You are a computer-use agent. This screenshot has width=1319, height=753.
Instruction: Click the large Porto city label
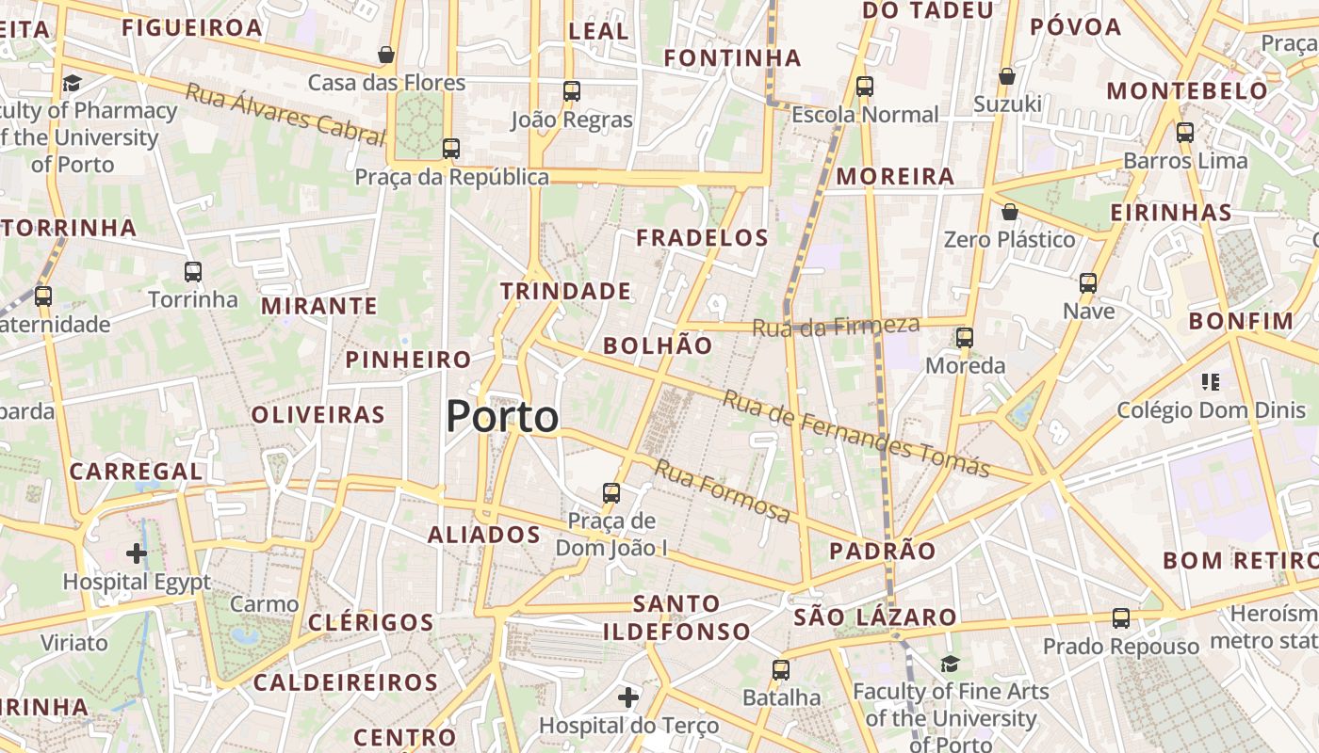502,416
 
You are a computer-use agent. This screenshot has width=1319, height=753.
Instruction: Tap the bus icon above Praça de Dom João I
611,492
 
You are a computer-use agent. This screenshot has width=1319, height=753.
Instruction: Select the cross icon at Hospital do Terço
628,697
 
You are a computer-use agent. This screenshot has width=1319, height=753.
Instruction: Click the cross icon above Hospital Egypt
137,553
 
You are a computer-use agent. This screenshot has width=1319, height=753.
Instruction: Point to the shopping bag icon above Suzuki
1007,76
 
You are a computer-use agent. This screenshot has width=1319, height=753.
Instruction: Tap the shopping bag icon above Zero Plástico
1010,212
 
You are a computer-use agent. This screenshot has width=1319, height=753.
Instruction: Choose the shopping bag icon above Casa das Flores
386,55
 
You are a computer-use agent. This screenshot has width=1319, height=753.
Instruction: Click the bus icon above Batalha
781,670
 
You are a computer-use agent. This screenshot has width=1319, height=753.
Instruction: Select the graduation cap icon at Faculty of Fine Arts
950,665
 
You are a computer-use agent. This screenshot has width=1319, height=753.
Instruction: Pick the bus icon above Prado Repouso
1121,618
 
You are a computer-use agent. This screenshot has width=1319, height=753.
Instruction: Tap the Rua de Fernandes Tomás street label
855,434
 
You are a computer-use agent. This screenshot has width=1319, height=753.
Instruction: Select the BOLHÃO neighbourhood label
658,345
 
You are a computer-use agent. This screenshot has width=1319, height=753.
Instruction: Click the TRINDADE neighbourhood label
565,291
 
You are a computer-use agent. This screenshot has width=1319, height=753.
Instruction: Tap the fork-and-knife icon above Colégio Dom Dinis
1211,382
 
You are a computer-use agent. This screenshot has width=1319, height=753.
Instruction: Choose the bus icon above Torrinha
193,272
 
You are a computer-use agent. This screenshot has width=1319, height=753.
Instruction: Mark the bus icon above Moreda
965,337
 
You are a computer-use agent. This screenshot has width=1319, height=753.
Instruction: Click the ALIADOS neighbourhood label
484,535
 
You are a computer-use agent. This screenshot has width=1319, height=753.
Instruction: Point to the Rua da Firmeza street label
836,326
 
